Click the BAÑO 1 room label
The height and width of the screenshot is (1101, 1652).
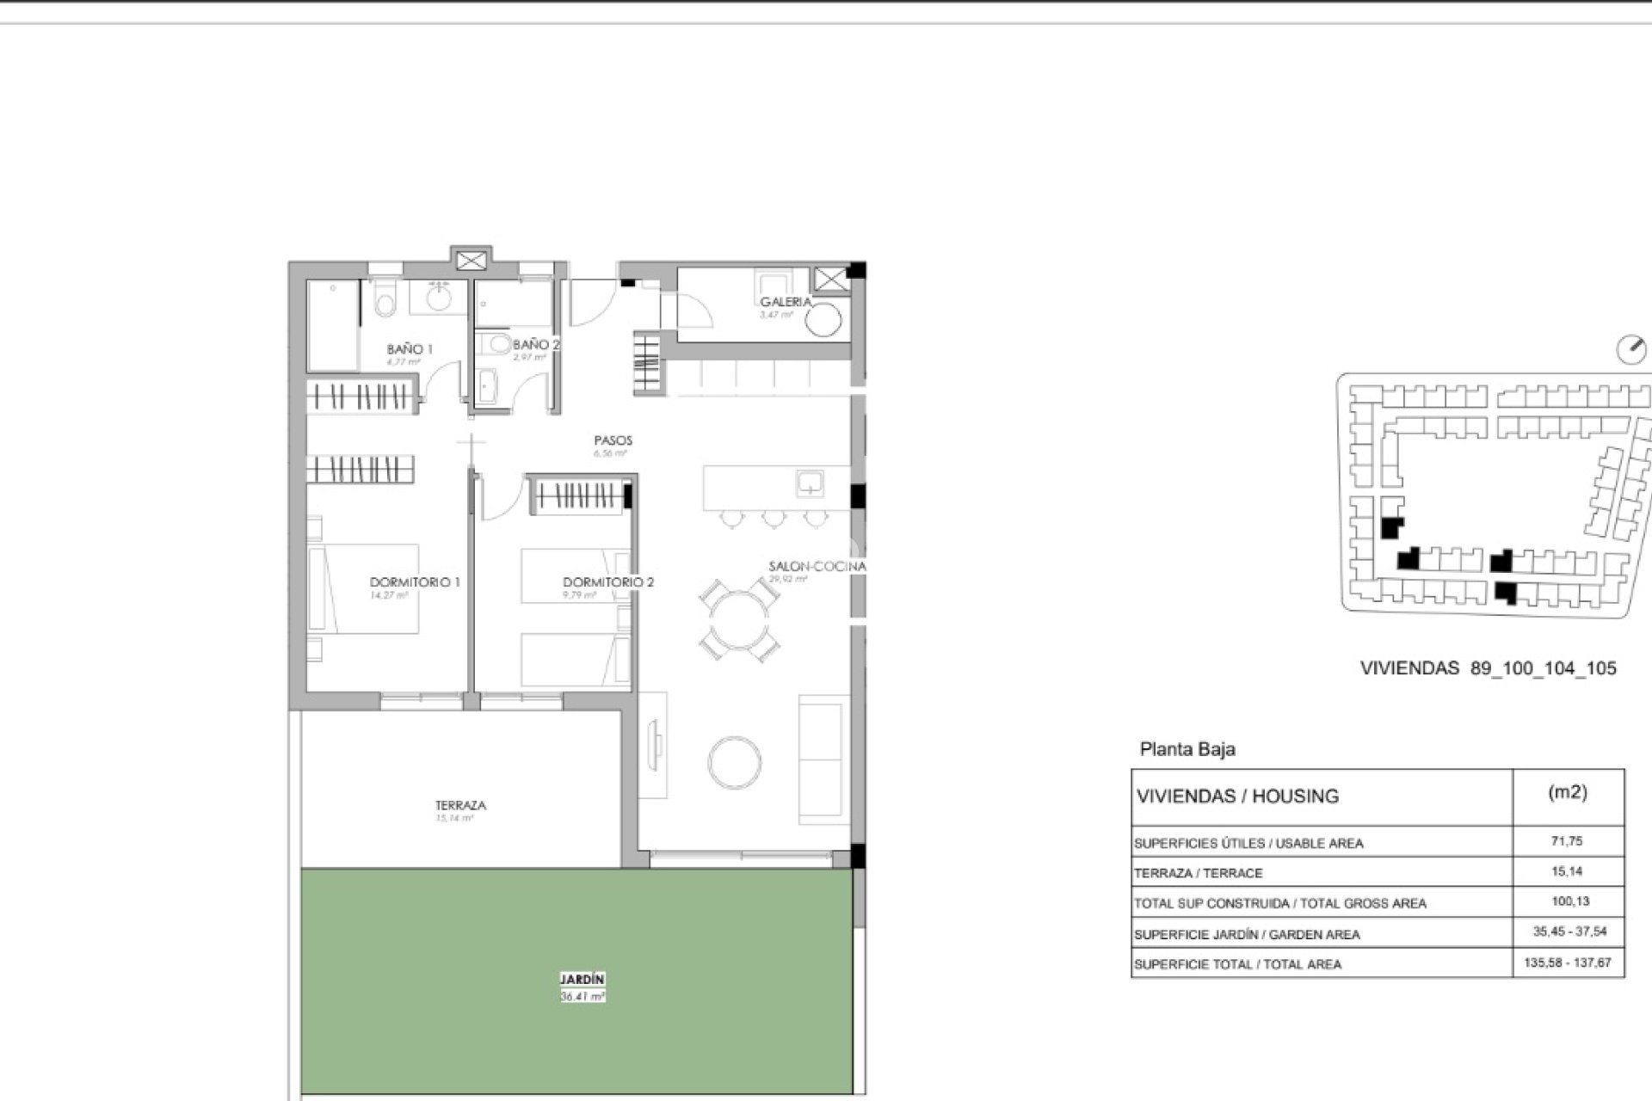pos(409,349)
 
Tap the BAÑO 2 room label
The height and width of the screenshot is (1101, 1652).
pos(536,345)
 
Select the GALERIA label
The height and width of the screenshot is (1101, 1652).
pos(785,302)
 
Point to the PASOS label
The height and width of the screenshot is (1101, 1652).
pos(613,440)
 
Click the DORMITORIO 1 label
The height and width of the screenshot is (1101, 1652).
pos(414,582)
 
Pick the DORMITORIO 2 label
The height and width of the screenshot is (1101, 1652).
pos(608,582)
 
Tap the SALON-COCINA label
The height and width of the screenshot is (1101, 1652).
pos(817,567)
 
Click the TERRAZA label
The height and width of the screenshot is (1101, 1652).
pos(460,806)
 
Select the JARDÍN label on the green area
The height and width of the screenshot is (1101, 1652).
pos(583,980)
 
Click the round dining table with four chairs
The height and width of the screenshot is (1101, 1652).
pos(739,620)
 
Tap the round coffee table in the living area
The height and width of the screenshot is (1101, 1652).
pos(734,762)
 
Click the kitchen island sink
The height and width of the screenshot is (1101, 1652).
pos(810,483)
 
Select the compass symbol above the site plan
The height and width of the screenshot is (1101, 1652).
pos(1630,350)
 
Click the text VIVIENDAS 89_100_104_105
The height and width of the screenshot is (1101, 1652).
pos(1488,668)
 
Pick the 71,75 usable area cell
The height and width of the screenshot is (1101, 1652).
pos(1567,841)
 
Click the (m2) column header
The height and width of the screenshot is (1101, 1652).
pos(1567,793)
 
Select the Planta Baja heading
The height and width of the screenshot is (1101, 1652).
pos(1187,749)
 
